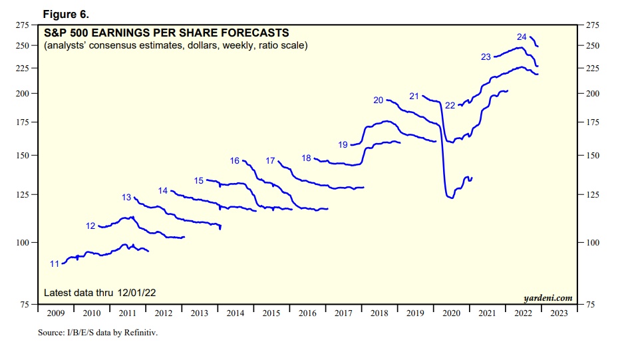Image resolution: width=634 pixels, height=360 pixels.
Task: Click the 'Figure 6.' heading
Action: pyautogui.click(x=65, y=14)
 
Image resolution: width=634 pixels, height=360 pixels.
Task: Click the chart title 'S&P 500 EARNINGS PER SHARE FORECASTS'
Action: pyautogui.click(x=166, y=32)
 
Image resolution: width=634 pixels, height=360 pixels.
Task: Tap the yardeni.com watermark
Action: pyautogui.click(x=548, y=297)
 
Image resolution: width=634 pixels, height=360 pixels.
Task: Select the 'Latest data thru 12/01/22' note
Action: pyautogui.click(x=100, y=293)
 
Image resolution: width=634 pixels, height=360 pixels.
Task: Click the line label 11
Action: pyautogui.click(x=55, y=264)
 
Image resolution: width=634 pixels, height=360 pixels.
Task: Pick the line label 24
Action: pyautogui.click(x=522, y=37)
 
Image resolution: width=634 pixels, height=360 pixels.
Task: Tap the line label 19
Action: pyautogui.click(x=343, y=144)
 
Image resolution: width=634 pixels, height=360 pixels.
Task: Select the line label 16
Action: pyautogui.click(x=234, y=161)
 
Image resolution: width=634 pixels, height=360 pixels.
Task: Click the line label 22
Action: pyautogui.click(x=450, y=106)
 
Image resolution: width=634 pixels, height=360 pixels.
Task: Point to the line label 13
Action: pyautogui.click(x=126, y=198)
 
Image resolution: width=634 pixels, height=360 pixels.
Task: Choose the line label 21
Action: pyautogui.click(x=414, y=96)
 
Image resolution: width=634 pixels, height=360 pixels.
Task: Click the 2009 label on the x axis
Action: pyautogui.click(x=57, y=313)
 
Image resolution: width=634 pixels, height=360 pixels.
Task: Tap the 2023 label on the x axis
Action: pyautogui.click(x=559, y=313)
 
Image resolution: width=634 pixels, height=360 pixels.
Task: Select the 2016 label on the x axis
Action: pyautogui.click(x=308, y=313)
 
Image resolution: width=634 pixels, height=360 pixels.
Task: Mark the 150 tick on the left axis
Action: pyautogui.click(x=22, y=156)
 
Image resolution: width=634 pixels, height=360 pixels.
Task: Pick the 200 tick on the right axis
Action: pyautogui.click(x=591, y=94)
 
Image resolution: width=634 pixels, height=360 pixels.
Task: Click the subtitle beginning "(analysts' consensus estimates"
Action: pyautogui.click(x=175, y=45)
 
